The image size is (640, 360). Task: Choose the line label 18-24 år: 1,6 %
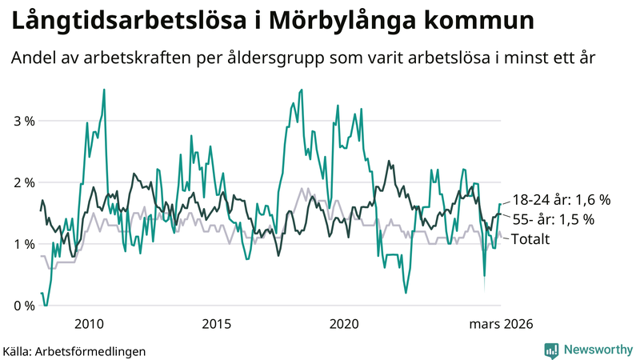click(x=561, y=199)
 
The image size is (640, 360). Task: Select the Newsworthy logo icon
click(x=551, y=350)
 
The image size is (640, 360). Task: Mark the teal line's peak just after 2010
click(x=104, y=90)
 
